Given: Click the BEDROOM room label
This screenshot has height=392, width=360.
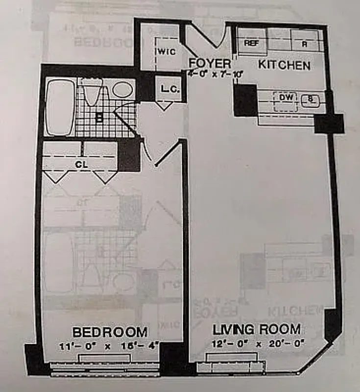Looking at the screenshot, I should [110, 332].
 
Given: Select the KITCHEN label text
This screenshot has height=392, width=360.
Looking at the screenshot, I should [284, 65].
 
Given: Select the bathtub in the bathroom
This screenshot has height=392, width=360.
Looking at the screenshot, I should [60, 107].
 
